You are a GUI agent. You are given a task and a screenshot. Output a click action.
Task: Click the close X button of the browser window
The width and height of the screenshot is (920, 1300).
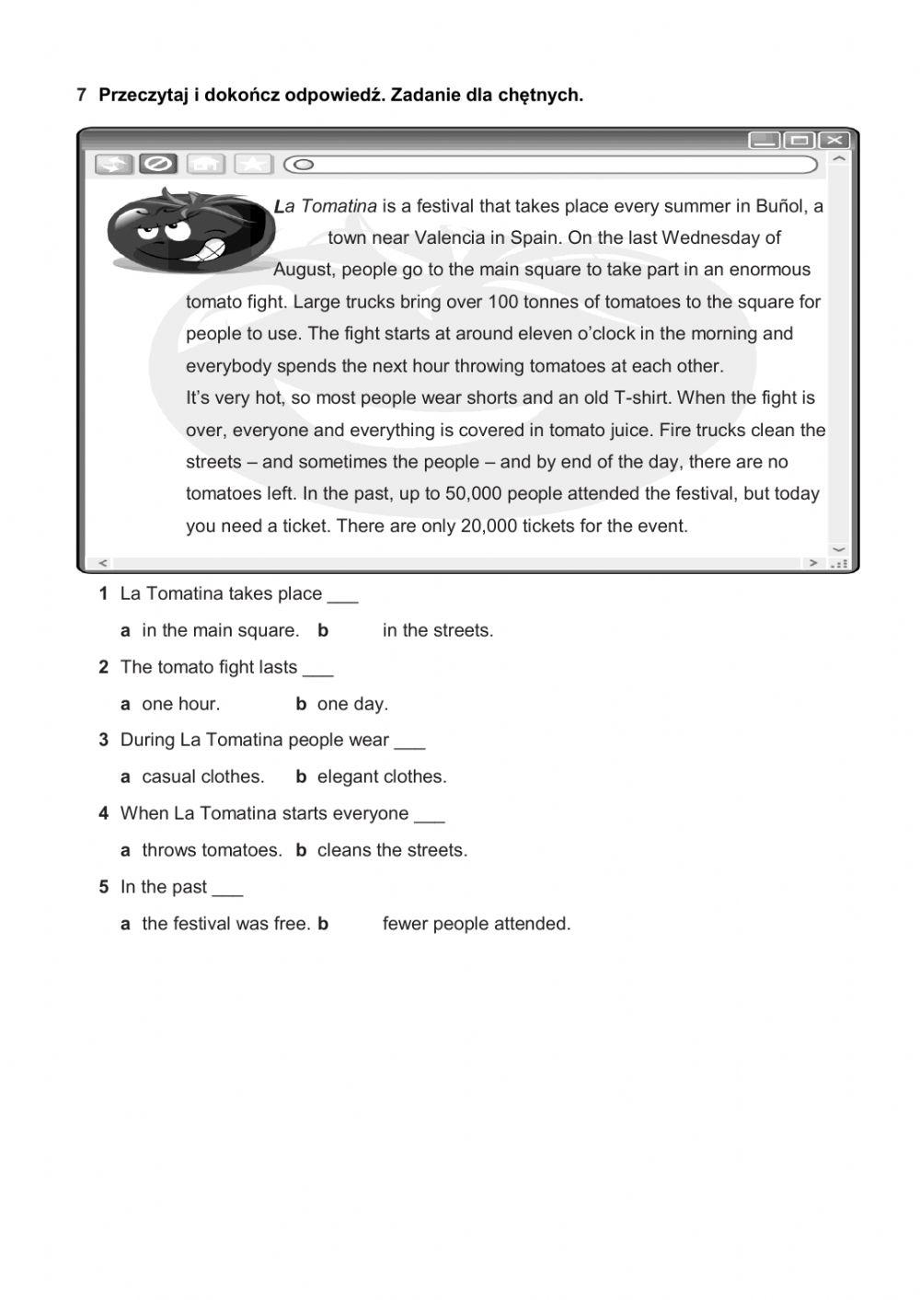[834, 140]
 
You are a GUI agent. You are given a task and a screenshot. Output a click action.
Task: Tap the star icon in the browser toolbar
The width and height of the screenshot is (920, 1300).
[252, 164]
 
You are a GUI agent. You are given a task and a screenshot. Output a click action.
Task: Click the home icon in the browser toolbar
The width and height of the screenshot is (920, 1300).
[206, 164]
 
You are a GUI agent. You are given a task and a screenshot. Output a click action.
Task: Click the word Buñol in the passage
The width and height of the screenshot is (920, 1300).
[781, 206]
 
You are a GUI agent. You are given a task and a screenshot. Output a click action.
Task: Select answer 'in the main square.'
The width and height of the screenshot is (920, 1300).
[220, 630]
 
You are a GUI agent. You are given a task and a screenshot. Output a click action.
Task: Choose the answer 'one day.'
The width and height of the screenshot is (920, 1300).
[352, 704]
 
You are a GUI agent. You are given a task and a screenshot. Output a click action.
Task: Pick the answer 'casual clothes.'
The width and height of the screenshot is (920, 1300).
[202, 777]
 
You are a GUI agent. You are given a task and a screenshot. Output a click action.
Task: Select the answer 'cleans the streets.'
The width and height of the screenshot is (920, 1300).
[392, 850]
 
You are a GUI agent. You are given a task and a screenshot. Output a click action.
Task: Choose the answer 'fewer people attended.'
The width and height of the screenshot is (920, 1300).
[477, 924]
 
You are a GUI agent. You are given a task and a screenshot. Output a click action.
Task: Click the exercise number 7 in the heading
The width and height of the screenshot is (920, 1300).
[82, 95]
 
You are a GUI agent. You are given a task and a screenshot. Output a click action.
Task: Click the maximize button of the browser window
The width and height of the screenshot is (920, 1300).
[799, 140]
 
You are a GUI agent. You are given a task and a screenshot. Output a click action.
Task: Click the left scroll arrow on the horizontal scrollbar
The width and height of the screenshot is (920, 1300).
[102, 562]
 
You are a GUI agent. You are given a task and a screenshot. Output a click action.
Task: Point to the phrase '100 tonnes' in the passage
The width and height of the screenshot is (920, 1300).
[532, 302]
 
